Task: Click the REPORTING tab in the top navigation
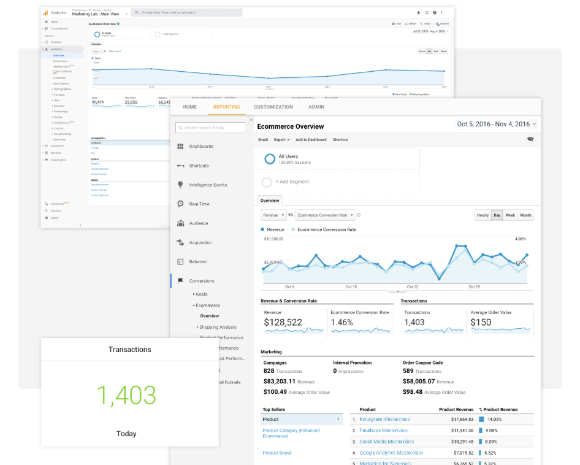226,107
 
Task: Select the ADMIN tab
316,107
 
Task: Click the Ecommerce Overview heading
290,126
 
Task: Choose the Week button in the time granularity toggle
509,215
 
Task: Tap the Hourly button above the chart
483,215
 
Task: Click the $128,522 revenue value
283,322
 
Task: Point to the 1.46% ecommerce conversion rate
342,322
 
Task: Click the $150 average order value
481,322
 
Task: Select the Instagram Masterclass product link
384,419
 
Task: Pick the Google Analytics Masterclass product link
391,453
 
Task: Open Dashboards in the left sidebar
201,147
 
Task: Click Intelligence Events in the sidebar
208,185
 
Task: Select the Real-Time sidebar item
199,204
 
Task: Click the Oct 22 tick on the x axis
413,286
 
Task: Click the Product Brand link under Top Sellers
277,453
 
